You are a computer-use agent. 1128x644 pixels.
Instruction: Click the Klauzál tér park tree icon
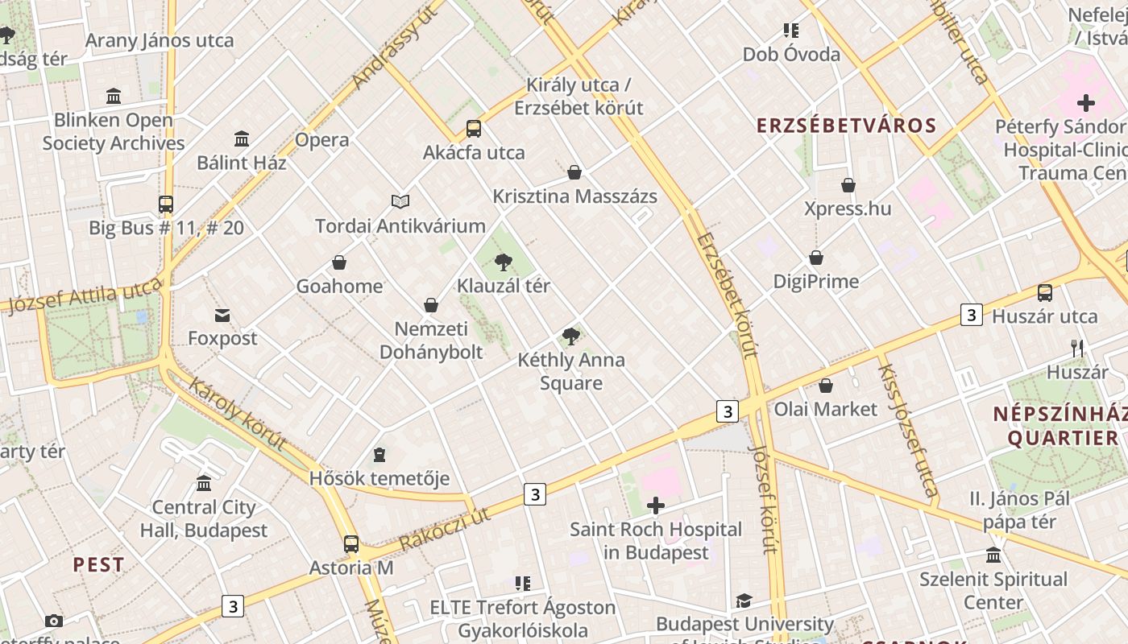tap(504, 262)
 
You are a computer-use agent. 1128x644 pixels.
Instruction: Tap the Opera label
tap(322, 139)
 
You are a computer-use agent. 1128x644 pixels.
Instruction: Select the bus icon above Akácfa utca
tap(474, 129)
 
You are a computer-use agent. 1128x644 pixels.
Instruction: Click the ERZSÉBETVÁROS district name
tap(846, 126)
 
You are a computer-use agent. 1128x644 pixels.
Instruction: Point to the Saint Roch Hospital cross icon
tap(656, 506)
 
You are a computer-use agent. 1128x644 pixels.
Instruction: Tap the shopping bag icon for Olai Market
tap(825, 386)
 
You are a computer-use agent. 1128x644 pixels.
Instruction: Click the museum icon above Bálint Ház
tap(242, 138)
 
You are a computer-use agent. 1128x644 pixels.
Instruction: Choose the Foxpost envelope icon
tap(222, 315)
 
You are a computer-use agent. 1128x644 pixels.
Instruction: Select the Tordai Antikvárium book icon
tap(400, 201)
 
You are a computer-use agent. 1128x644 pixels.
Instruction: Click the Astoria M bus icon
tap(351, 544)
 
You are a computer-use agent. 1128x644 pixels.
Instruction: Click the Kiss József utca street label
tap(908, 430)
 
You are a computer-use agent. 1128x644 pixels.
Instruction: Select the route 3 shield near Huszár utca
tap(972, 315)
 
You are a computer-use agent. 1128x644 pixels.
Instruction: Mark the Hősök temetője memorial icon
tap(379, 456)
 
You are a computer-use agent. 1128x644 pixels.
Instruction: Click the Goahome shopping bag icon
tap(339, 262)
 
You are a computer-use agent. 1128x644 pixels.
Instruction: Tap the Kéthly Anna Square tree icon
tap(571, 336)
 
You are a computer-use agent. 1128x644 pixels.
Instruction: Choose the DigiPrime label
tap(816, 281)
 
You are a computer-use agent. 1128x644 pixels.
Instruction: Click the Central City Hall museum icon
tap(204, 484)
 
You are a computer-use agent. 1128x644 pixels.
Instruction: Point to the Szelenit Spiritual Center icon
tap(993, 555)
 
